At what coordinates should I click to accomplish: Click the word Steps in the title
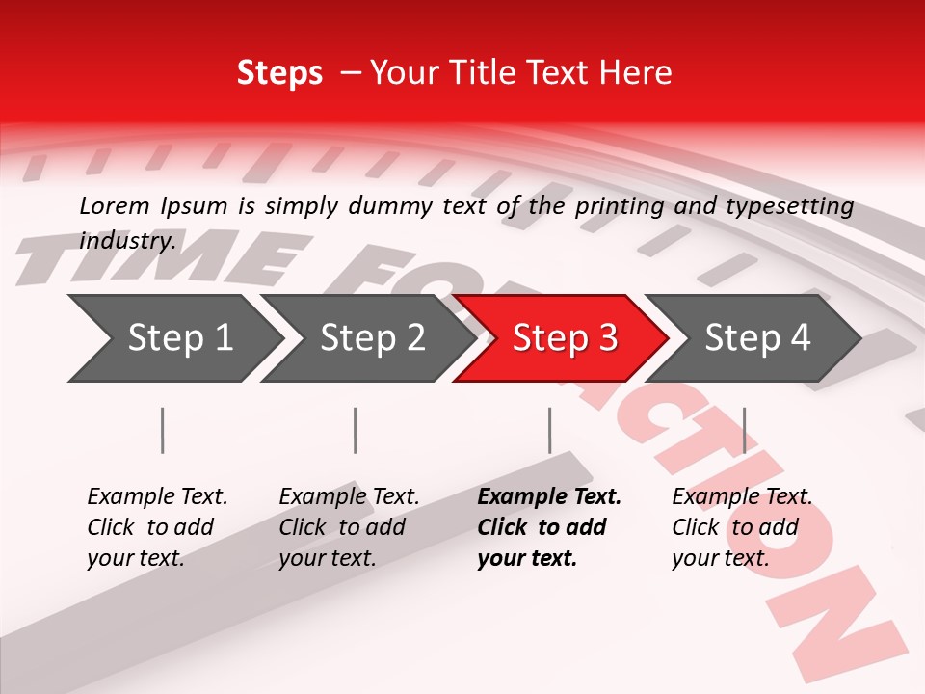click(x=279, y=73)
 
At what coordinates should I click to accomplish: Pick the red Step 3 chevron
click(x=565, y=337)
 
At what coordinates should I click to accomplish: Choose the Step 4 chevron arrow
click(x=757, y=337)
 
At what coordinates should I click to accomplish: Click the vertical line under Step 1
click(x=163, y=430)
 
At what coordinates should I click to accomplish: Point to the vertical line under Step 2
click(x=356, y=430)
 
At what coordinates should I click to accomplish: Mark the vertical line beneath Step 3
click(x=549, y=430)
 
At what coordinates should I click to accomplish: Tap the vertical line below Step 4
click(x=744, y=430)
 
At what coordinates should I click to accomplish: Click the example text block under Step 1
click(x=157, y=527)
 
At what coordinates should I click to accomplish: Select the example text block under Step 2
click(x=349, y=527)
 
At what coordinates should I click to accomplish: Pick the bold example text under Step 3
click(x=549, y=527)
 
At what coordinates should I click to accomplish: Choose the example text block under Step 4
click(x=742, y=527)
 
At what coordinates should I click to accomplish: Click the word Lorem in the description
click(x=115, y=205)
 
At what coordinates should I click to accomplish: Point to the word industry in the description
click(x=127, y=240)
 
